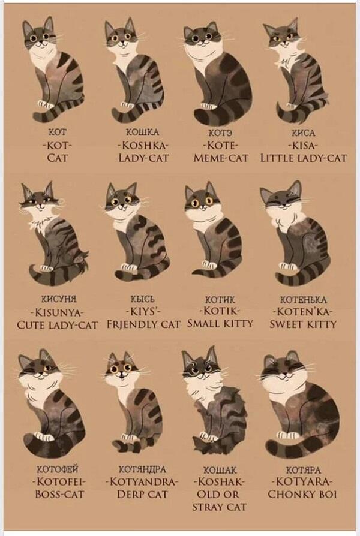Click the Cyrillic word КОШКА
tap(143, 133)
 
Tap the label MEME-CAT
tap(221, 158)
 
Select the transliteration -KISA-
tap(303, 146)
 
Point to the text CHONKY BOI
tap(302, 494)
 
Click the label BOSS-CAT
tap(59, 494)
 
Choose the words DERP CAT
tap(142, 494)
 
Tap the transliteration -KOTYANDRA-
tap(142, 481)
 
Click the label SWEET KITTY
tap(303, 324)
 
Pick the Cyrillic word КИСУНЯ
tap(59, 299)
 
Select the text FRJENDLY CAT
tap(143, 324)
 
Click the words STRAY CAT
tap(219, 507)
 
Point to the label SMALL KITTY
tap(220, 323)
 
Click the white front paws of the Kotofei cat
tap(43, 436)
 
